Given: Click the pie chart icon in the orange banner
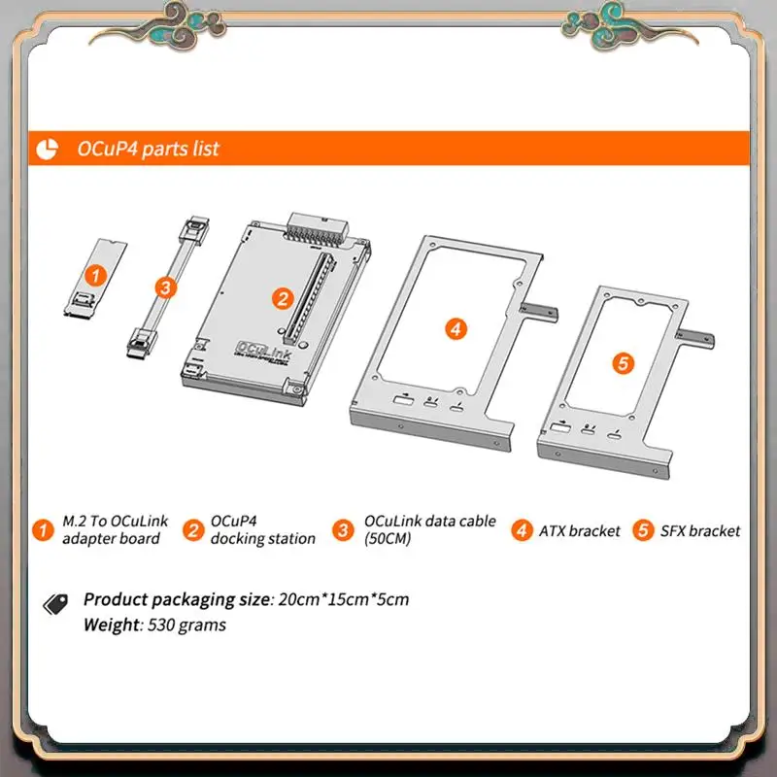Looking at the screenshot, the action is pyautogui.click(x=47, y=150).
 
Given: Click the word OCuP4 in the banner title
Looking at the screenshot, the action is pyautogui.click(x=107, y=149).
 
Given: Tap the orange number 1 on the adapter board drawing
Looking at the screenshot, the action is pyautogui.click(x=95, y=276).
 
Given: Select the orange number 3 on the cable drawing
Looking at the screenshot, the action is pyautogui.click(x=165, y=287).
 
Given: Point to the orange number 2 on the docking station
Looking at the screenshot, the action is pyautogui.click(x=283, y=298).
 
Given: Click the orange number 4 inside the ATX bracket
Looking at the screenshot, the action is pyautogui.click(x=456, y=329).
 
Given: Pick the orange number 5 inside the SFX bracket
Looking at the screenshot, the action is pyautogui.click(x=623, y=363).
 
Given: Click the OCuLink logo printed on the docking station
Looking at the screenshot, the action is pyautogui.click(x=263, y=351).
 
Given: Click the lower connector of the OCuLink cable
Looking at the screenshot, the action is pyautogui.click(x=141, y=344).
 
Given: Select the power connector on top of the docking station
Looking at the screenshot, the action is pyautogui.click(x=318, y=228).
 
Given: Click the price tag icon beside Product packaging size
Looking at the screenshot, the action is pyautogui.click(x=55, y=604).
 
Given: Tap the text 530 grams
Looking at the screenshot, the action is pyautogui.click(x=186, y=625).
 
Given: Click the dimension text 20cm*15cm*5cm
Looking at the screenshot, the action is pyautogui.click(x=344, y=599).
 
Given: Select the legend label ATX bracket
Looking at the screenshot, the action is pyautogui.click(x=579, y=531).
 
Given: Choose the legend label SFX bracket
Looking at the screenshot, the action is pyautogui.click(x=700, y=531).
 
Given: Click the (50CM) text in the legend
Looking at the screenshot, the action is pyautogui.click(x=388, y=539).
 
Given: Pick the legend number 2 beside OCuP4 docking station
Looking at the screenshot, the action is pyautogui.click(x=193, y=530).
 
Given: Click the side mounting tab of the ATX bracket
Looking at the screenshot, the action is pyautogui.click(x=539, y=313).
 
